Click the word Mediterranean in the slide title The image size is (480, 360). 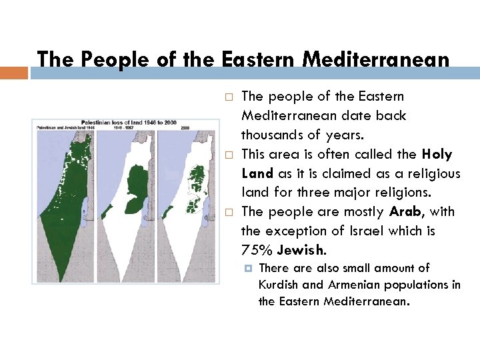(x=375, y=59)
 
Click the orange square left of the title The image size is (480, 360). (x=14, y=73)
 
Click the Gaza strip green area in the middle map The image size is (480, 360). (x=106, y=212)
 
